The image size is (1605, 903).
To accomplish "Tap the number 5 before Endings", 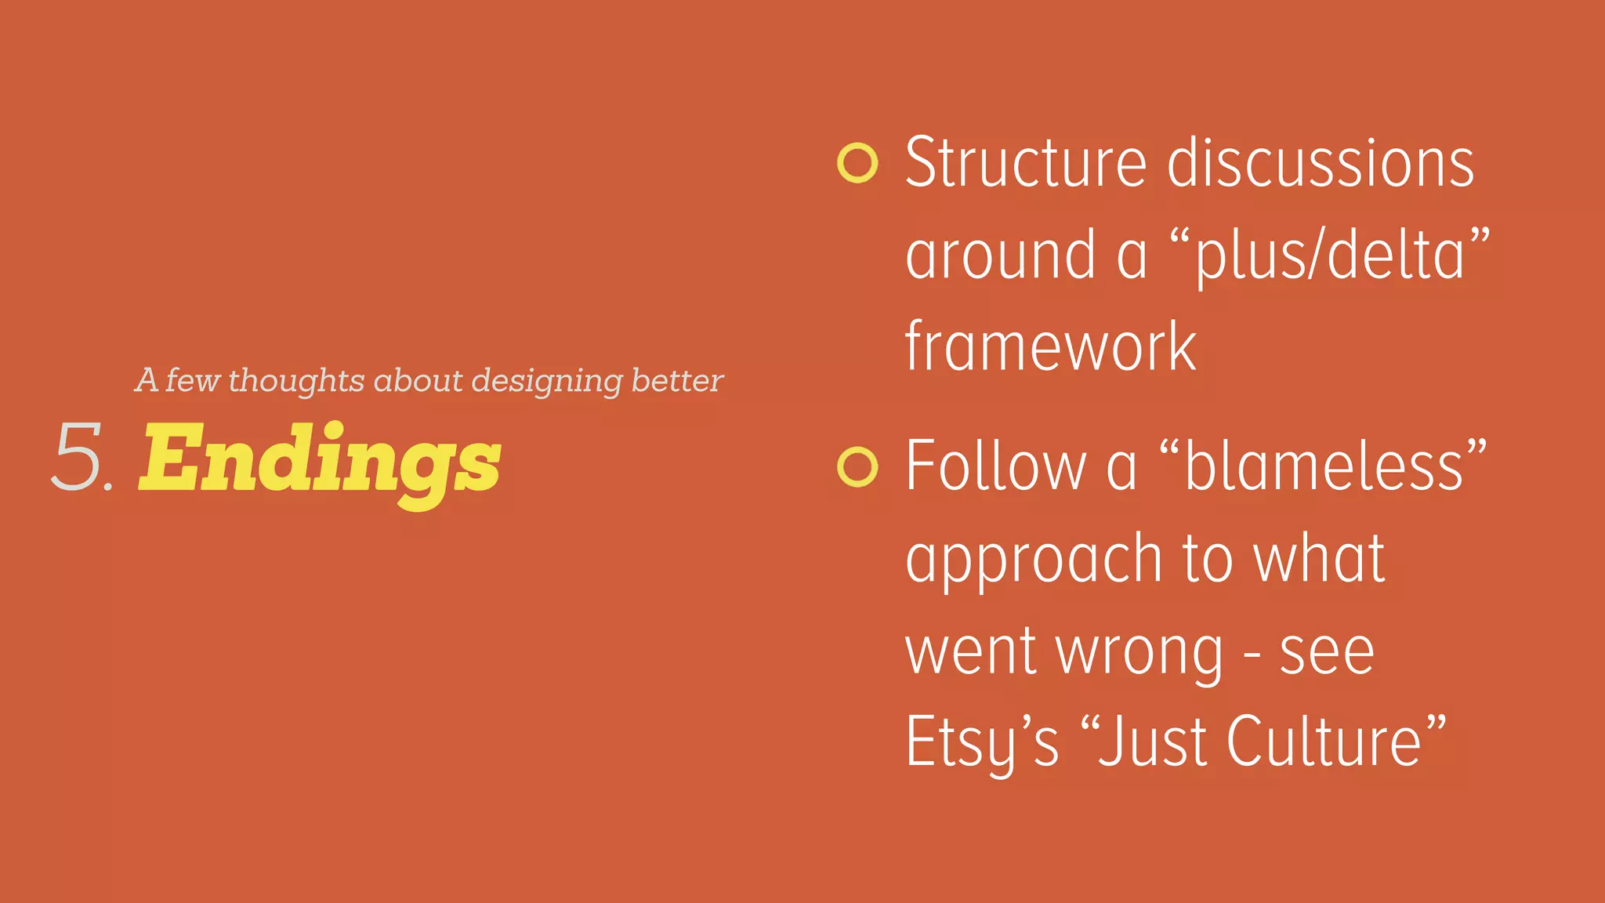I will click(x=78, y=458).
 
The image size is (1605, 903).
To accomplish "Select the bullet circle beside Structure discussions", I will click(x=857, y=163).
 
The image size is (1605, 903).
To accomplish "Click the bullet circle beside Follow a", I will click(x=857, y=467).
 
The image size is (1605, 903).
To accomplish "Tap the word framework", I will click(x=1050, y=346).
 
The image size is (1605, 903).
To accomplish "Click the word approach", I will click(x=1034, y=560).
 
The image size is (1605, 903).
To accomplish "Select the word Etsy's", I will click(x=982, y=742).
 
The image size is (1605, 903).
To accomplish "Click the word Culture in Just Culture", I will click(x=1324, y=742).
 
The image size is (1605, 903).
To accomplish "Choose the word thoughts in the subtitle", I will click(x=296, y=381).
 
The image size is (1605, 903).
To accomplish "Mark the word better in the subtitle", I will click(x=677, y=381).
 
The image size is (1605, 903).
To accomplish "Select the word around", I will click(x=1000, y=256).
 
